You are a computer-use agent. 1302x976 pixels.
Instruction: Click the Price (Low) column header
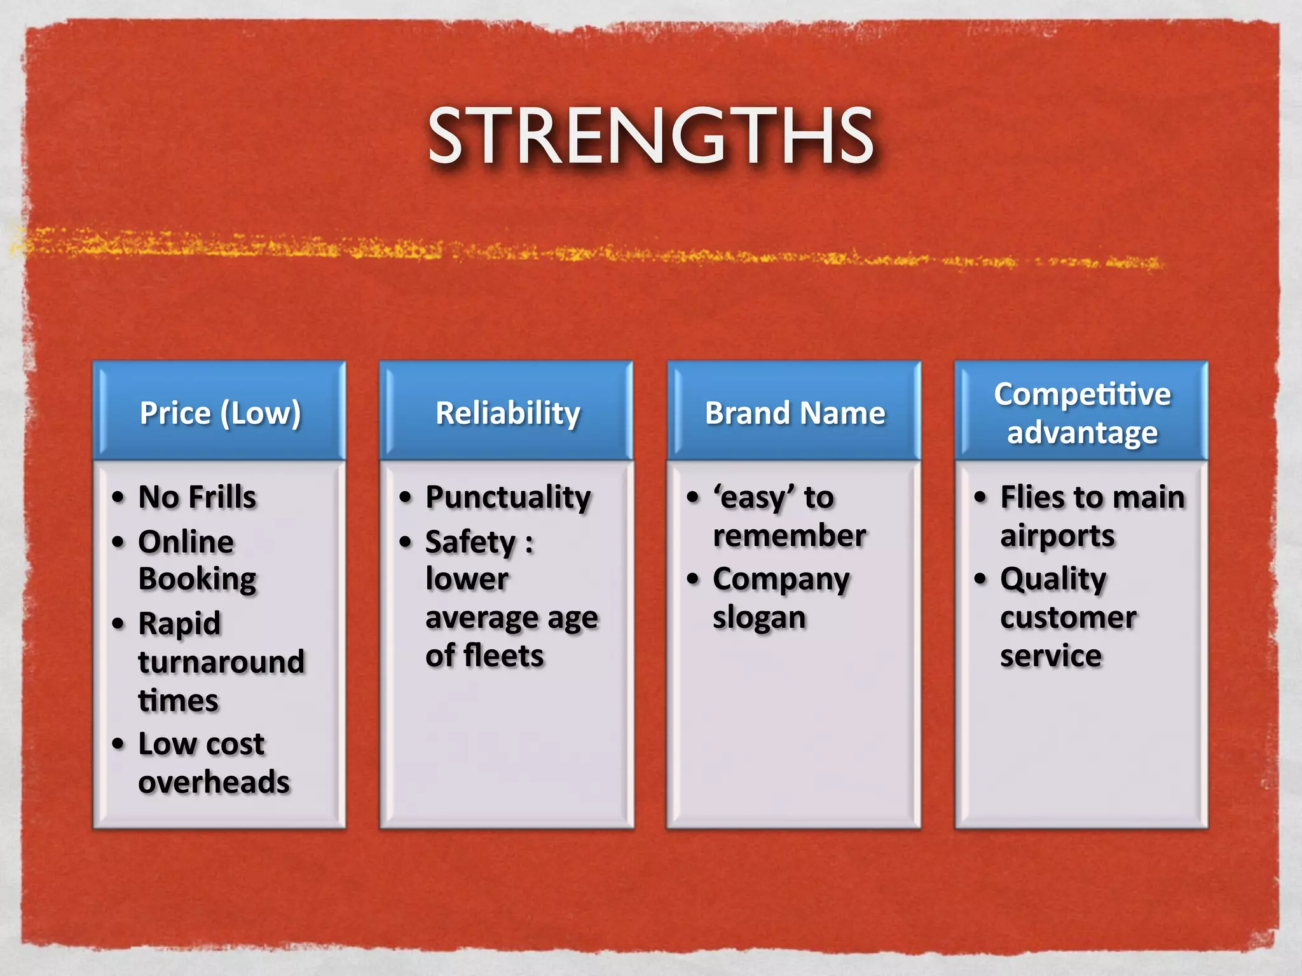click(220, 413)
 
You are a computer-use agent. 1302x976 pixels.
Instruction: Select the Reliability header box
click(507, 413)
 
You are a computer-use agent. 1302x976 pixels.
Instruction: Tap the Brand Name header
click(795, 413)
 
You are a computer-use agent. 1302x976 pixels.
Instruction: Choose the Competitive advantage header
click(1082, 413)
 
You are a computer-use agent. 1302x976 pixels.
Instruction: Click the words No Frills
click(197, 497)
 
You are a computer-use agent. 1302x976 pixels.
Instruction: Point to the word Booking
click(197, 579)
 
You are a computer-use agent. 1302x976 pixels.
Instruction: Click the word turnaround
click(221, 662)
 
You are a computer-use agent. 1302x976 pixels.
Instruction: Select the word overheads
click(214, 782)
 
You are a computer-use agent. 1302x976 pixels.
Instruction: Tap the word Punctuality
click(508, 497)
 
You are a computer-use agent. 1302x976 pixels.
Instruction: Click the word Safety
click(470, 543)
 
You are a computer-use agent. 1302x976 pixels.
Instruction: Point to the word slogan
click(759, 618)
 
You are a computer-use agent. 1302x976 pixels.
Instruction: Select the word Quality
click(1053, 579)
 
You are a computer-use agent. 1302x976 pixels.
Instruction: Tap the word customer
click(1068, 618)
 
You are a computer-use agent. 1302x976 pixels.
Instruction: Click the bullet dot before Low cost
click(118, 743)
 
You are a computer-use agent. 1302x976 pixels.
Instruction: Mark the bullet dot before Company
click(693, 579)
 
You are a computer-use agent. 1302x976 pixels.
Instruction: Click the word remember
click(789, 536)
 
